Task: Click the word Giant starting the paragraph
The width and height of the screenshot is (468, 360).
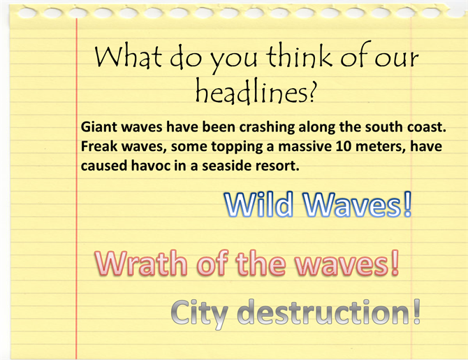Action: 99,127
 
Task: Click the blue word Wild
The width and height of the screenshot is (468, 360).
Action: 258,204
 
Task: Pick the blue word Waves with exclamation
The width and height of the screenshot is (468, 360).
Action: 358,204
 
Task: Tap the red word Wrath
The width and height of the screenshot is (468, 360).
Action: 141,263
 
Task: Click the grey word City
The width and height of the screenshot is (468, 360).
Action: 200,313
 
